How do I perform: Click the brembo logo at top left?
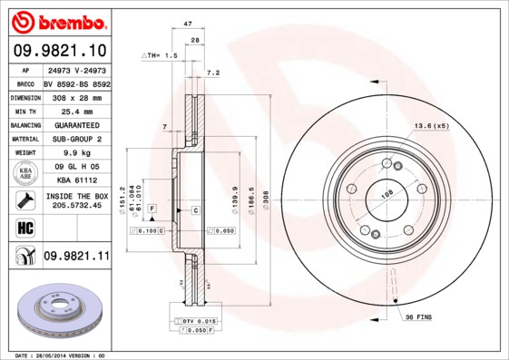(x=56, y=20)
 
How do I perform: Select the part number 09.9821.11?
(x=76, y=257)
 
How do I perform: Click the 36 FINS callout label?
(x=417, y=316)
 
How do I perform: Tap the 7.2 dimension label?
(x=213, y=73)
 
